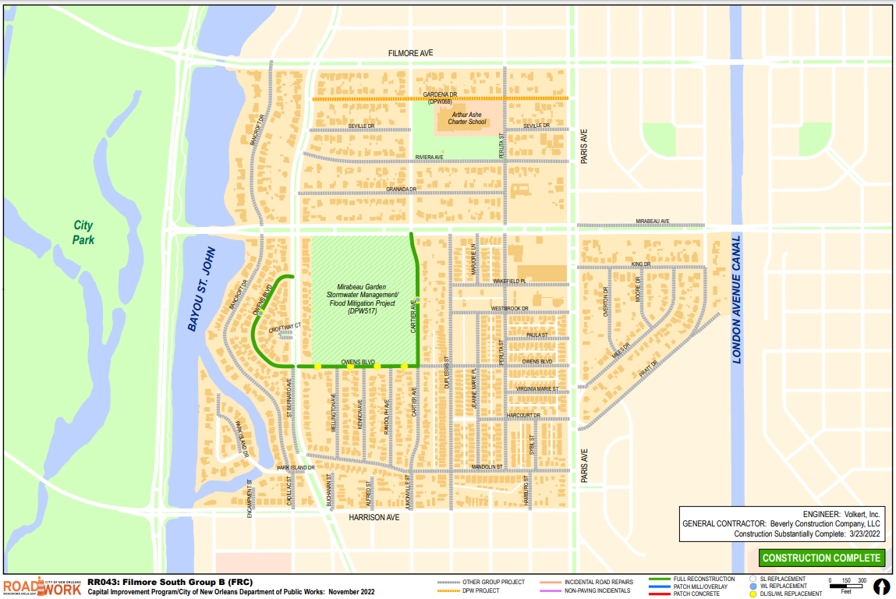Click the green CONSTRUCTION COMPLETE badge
[821, 558]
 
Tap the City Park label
[83, 232]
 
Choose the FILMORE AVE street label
[410, 53]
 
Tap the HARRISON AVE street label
[374, 517]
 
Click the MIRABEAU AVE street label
[652, 222]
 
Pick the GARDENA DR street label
[439, 94]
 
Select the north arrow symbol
[881, 587]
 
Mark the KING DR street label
[640, 264]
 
